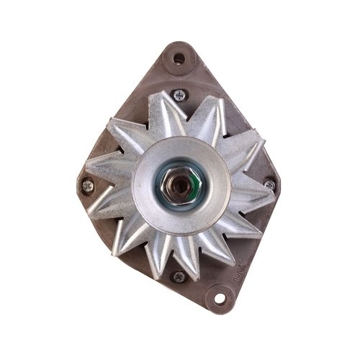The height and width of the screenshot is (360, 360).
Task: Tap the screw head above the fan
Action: (179, 94)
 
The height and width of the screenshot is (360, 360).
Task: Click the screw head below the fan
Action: (178, 275)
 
